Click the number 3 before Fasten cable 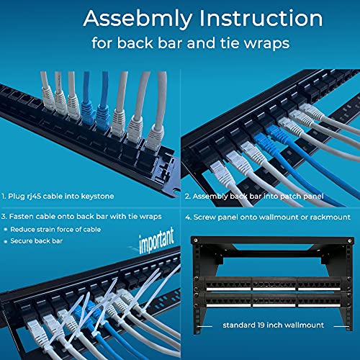pyautogui.click(x=6, y=215)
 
